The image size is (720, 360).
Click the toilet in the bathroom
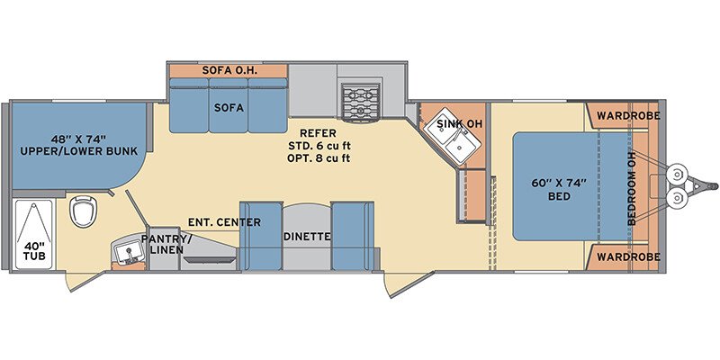(83, 211)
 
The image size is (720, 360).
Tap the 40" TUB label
(35, 251)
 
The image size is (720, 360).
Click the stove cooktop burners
(362, 101)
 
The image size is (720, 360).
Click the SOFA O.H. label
(229, 71)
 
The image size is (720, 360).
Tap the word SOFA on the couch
(229, 108)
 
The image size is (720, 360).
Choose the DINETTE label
(307, 237)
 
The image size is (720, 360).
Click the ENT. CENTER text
(224, 222)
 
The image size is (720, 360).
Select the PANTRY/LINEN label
(165, 244)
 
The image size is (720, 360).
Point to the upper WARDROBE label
(628, 116)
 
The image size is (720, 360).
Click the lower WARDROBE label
(628, 256)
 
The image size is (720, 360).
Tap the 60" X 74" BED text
(559, 189)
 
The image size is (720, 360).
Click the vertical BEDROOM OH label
(632, 187)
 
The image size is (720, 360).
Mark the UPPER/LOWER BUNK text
(79, 151)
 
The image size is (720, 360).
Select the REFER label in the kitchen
(318, 133)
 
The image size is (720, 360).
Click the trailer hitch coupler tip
(714, 186)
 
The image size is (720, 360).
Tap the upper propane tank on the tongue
(677, 174)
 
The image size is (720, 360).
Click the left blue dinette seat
(261, 236)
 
